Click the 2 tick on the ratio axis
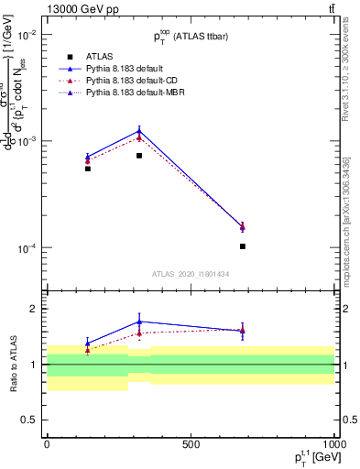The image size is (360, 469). pyautogui.click(x=33, y=309)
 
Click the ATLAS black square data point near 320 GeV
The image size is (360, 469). pyautogui.click(x=139, y=156)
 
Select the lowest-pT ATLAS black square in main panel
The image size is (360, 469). pyautogui.click(x=88, y=169)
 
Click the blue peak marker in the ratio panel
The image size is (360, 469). pyautogui.click(x=139, y=322)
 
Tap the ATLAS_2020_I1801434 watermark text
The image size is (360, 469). pyautogui.click(x=190, y=274)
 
